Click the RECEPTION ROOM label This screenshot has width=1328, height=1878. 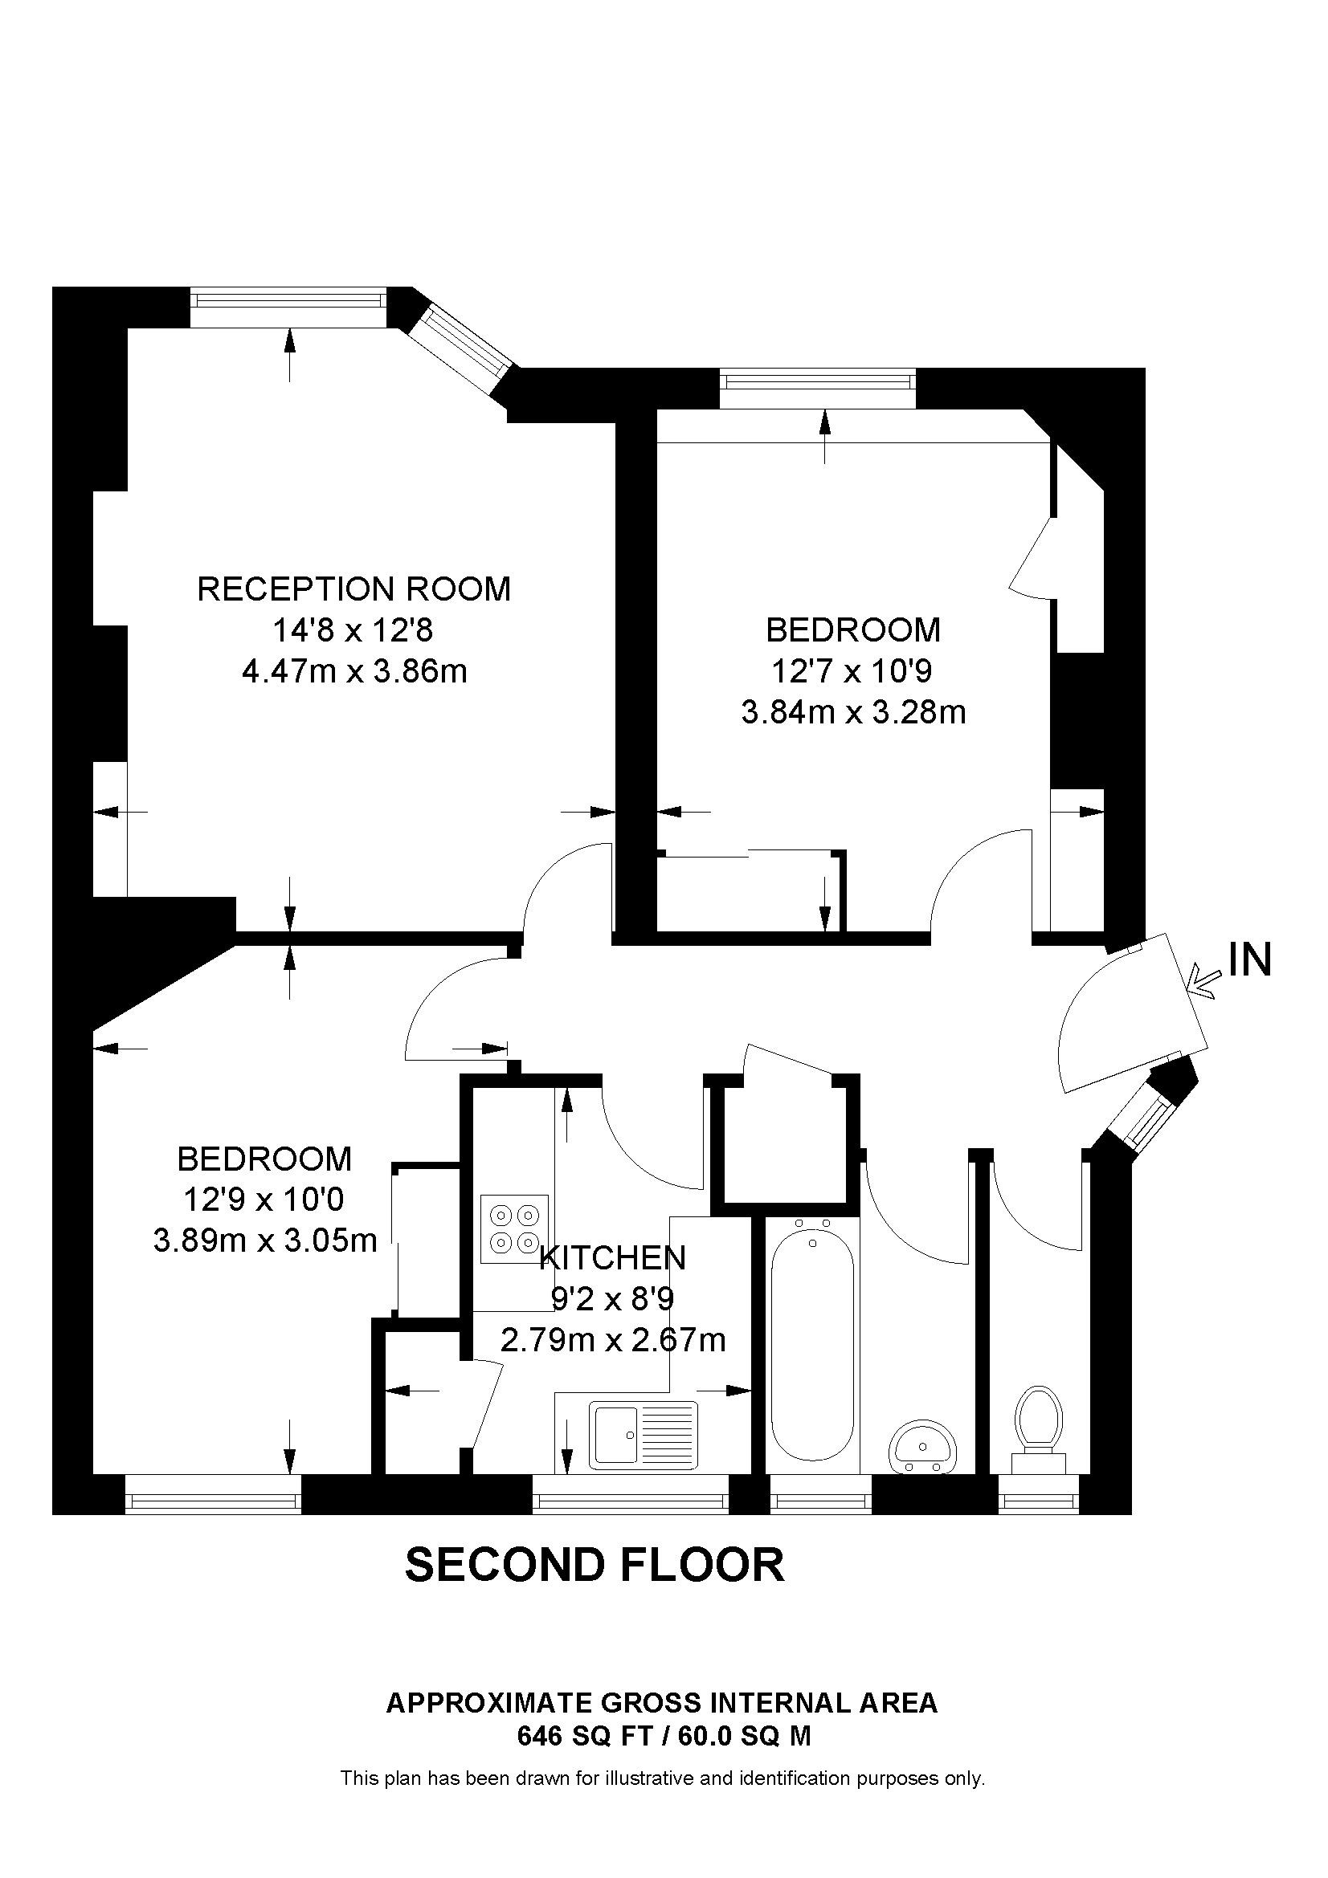pyautogui.click(x=353, y=589)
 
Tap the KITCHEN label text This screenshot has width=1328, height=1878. pyautogui.click(x=613, y=1257)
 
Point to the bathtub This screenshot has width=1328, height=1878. pyautogui.click(x=812, y=1344)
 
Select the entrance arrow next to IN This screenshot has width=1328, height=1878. pyautogui.click(x=1204, y=981)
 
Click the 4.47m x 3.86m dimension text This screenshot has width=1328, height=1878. pyautogui.click(x=353, y=672)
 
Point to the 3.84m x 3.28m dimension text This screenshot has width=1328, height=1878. pyautogui.click(x=852, y=712)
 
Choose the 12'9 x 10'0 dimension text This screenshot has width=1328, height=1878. pyautogui.click(x=264, y=1200)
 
